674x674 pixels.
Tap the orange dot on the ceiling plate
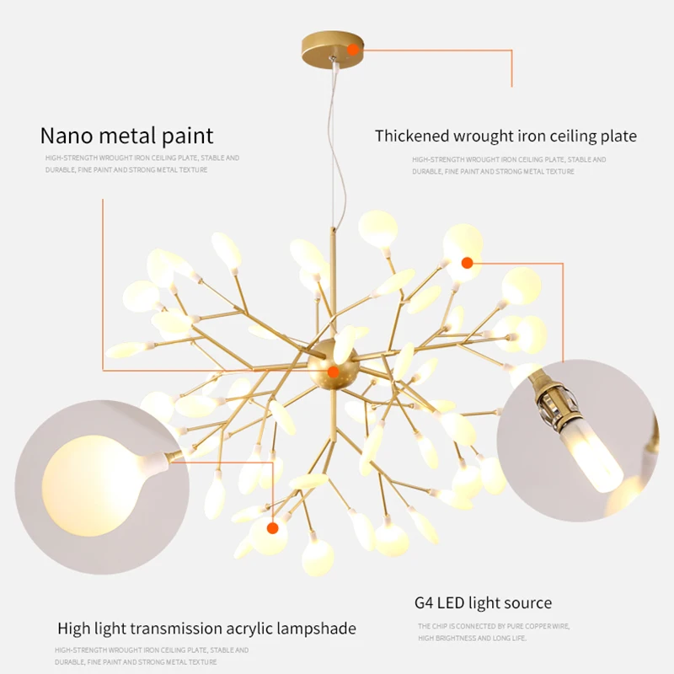tap(353, 50)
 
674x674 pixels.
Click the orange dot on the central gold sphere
tap(334, 371)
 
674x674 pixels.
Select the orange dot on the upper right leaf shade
tap(467, 263)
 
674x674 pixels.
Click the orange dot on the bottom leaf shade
tap(272, 528)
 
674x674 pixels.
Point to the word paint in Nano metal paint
tap(186, 135)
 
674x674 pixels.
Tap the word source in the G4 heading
tap(528, 602)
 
